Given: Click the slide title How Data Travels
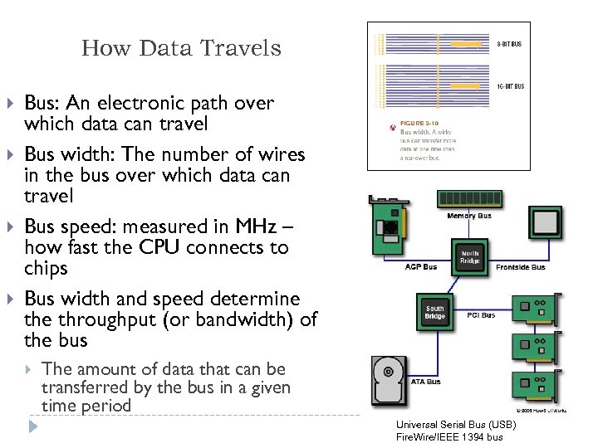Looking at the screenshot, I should coord(181,49).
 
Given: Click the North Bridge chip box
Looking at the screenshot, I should coord(470,256).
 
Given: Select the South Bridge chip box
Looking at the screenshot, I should coord(435,313).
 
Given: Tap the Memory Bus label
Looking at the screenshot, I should coord(469,217).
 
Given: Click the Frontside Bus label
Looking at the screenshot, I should coord(520,267).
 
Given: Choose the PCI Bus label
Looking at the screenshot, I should coord(482,315).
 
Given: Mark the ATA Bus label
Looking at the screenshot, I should coord(426,382).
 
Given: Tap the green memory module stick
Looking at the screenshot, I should coord(469,199).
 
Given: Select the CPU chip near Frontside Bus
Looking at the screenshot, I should coord(546,224).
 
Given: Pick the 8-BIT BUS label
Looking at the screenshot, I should coord(509,43).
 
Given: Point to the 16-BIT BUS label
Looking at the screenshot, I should coord(509,86).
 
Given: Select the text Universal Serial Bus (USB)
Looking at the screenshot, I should coord(456,425).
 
